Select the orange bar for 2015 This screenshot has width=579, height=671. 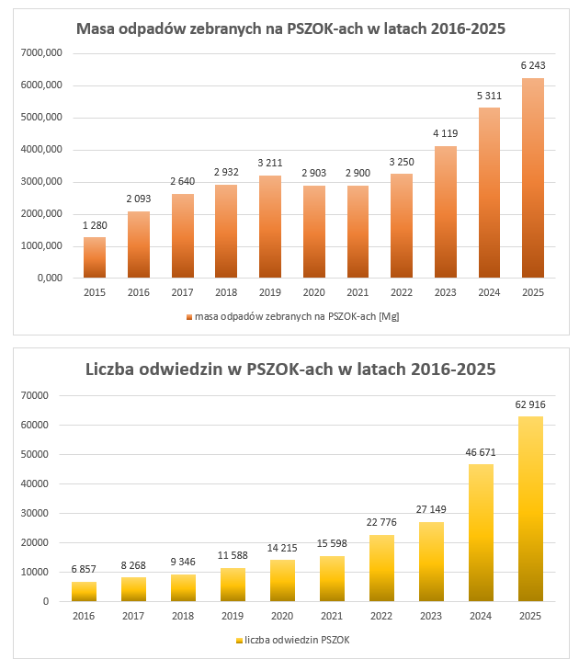coord(95,257)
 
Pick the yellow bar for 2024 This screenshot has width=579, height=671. coord(482,533)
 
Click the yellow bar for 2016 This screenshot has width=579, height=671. coord(85,591)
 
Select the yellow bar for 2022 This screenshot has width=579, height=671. coord(382,568)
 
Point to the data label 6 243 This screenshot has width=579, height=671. coord(532,65)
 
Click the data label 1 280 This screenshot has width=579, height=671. coord(95,224)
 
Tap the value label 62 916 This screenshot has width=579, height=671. coord(531,404)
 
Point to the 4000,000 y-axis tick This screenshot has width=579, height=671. coord(40,150)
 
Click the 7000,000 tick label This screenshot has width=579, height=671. coord(40,53)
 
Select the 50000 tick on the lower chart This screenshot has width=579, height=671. coord(40,454)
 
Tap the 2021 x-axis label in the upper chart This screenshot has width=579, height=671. coord(358,292)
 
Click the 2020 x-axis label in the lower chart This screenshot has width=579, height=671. coord(283,616)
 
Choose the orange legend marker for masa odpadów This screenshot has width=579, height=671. coord(188,316)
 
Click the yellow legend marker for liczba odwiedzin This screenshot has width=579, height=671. coord(239,640)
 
